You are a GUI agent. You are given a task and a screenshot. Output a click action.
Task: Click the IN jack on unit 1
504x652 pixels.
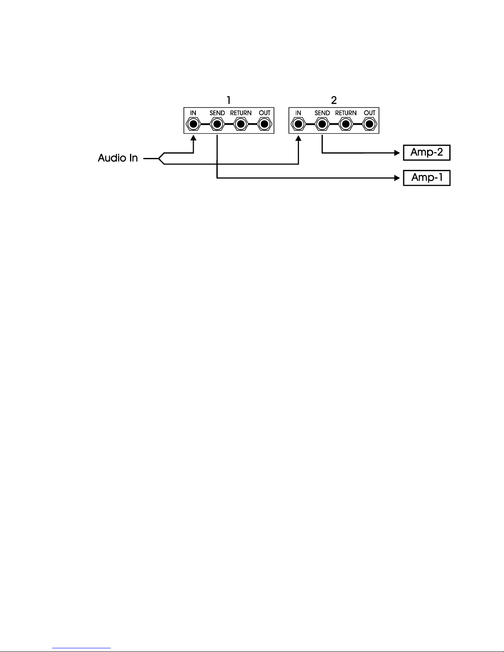pos(193,124)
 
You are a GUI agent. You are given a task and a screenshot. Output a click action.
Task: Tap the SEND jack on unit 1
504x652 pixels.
pos(217,124)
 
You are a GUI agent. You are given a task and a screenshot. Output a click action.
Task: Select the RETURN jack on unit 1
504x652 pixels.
pos(241,124)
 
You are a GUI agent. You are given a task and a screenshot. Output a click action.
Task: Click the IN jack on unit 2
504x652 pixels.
pos(298,124)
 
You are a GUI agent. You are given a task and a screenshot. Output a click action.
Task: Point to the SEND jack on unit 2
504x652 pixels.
pos(322,124)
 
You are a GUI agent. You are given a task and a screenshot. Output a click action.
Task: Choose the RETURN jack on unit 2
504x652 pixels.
pos(346,124)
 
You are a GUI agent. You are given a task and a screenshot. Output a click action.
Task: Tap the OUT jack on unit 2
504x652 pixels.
pos(369,124)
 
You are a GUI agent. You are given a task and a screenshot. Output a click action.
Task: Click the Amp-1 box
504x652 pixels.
pos(427,178)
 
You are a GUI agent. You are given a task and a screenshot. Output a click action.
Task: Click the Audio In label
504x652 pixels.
pos(118,158)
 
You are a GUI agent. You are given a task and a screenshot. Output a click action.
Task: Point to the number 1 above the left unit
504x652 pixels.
pos(229,100)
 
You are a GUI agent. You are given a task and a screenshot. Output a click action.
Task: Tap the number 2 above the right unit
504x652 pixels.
pos(334,100)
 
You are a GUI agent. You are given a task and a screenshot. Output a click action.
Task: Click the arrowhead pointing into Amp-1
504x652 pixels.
pos(397,178)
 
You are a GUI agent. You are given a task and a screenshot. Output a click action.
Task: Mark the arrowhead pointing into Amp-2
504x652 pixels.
pos(397,153)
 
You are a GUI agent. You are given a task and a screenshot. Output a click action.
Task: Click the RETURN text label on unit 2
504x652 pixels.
pos(346,113)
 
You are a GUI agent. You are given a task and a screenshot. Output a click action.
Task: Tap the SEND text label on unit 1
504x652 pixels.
pos(217,113)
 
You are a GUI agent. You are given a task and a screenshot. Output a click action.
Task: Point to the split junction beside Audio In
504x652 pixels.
pos(159,158)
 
